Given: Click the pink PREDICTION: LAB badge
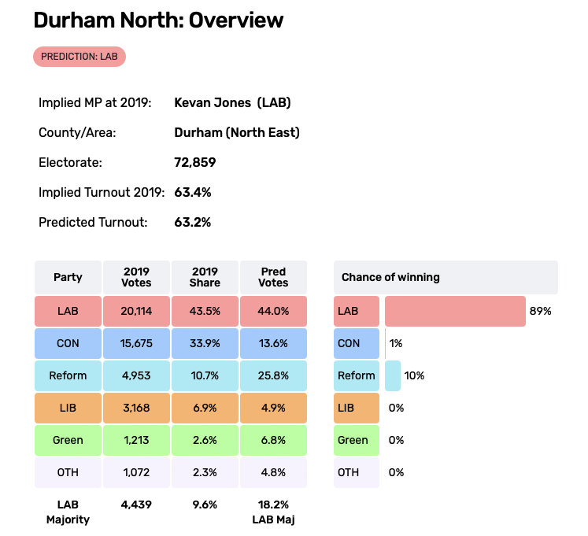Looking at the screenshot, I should click(79, 57).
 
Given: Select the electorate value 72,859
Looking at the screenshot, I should click(194, 163).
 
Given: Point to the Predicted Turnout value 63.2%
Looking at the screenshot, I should click(192, 222).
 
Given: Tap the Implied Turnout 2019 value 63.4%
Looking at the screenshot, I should click(192, 192).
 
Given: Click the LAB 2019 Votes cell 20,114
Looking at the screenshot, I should click(136, 311).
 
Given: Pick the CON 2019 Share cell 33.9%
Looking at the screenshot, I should click(205, 343).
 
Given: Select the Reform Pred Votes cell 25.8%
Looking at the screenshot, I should click(273, 375).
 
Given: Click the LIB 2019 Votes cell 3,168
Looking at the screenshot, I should click(136, 408).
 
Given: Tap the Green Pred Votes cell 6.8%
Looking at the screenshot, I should click(273, 440).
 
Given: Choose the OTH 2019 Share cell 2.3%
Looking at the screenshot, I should click(205, 472).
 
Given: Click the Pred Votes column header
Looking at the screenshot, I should click(273, 277).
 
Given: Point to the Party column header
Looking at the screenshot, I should click(68, 277).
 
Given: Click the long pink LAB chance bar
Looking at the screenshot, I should click(455, 311).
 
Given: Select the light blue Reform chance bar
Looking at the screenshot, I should click(393, 375).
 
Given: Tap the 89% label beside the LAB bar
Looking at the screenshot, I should click(541, 311).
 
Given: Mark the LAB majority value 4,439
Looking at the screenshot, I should click(136, 505).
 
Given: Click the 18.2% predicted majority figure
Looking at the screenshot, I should click(273, 505).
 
